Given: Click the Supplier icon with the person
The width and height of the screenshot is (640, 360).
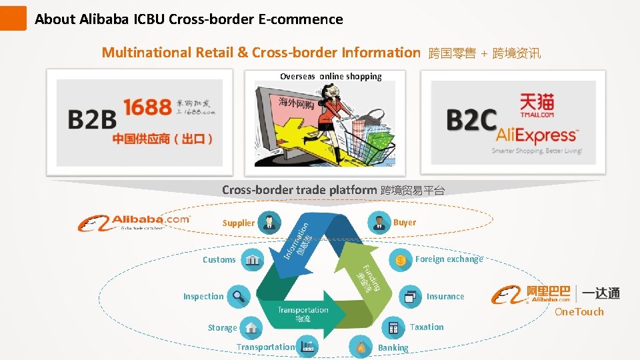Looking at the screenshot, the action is click(269, 222).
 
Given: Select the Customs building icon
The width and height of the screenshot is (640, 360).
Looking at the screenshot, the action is click(252, 259).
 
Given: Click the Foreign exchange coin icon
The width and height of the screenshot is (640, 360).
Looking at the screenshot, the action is click(401, 259).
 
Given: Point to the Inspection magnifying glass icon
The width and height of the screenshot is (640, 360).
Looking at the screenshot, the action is click(238, 296).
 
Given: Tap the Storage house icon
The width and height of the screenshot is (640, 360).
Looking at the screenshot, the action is click(251, 327).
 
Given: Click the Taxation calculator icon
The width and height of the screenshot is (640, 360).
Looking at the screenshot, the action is click(393, 327).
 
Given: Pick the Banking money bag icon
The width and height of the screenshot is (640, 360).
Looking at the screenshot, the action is click(361, 347).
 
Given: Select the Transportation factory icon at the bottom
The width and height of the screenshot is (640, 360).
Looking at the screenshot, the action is click(307, 347).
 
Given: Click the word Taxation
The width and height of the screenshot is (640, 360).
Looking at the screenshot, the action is click(427, 327).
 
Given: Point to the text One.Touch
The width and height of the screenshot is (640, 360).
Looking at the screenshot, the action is click(579, 311).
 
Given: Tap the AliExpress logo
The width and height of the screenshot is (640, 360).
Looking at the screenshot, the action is click(536, 135).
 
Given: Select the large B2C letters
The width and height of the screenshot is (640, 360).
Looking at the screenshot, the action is click(471, 121).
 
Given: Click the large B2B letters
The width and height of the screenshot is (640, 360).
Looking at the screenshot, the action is click(92, 119).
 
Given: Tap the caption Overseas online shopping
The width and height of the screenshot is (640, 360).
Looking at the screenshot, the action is click(331, 76).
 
